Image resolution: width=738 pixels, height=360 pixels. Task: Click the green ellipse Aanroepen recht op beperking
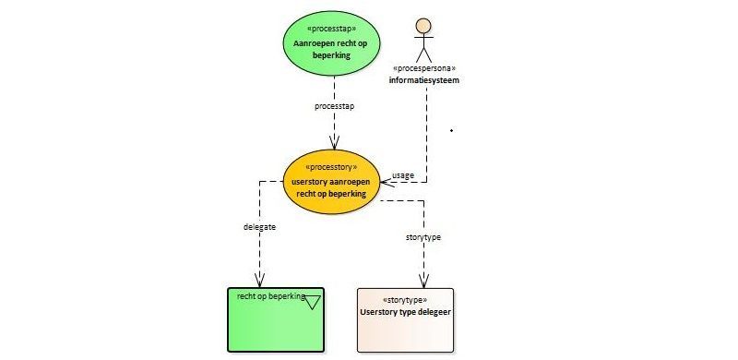pos(332,42)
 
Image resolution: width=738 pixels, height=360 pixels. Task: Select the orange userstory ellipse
pos(331,182)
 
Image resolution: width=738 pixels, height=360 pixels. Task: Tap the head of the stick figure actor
pos(423,26)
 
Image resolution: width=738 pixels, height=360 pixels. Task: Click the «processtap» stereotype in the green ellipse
pos(331,29)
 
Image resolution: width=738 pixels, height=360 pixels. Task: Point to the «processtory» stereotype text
pos(331,167)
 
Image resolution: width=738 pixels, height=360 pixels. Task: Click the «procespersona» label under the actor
pos(424,68)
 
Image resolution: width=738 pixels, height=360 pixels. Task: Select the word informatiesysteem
pos(424,80)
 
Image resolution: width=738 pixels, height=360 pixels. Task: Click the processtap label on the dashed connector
pos(334,106)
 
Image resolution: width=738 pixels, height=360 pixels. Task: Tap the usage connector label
pos(403,175)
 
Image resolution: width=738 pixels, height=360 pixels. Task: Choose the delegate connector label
pos(259,227)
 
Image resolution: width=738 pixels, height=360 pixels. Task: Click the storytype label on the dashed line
pos(423,237)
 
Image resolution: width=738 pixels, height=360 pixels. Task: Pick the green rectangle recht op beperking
pos(276,319)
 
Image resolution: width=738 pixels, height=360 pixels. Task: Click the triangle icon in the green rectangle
pos(313,302)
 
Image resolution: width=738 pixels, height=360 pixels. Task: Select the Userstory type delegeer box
pos(405,320)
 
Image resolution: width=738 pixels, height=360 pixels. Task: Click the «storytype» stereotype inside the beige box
pos(405,300)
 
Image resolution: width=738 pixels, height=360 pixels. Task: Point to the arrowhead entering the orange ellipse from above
pos(334,142)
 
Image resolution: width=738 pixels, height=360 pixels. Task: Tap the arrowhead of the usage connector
pos(387,182)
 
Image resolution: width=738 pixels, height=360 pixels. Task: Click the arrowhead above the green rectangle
pos(259,280)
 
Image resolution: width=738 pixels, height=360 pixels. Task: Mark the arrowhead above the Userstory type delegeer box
pos(423,281)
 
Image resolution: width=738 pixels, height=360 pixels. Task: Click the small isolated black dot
pos(451,130)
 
